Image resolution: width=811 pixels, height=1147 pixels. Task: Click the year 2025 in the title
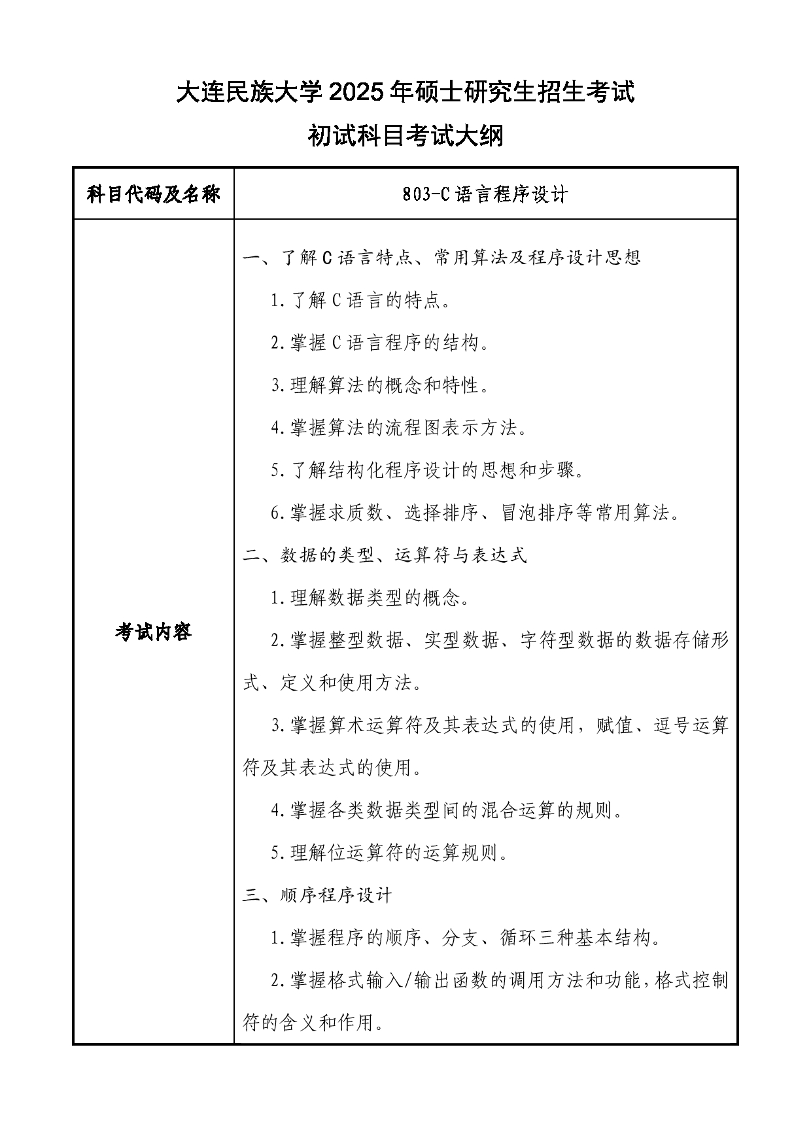click(357, 92)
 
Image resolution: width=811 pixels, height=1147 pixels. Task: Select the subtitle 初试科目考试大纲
click(405, 136)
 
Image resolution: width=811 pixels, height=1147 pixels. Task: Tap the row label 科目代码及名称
click(154, 194)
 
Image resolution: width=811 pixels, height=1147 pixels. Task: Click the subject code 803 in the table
click(417, 194)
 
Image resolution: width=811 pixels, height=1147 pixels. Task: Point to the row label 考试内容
click(154, 632)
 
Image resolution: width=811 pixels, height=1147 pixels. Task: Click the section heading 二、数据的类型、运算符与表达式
click(385, 555)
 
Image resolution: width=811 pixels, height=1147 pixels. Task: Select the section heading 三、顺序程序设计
click(317, 895)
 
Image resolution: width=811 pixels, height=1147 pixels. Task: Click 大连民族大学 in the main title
click(250, 92)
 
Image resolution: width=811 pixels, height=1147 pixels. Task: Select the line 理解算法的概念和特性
click(381, 385)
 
